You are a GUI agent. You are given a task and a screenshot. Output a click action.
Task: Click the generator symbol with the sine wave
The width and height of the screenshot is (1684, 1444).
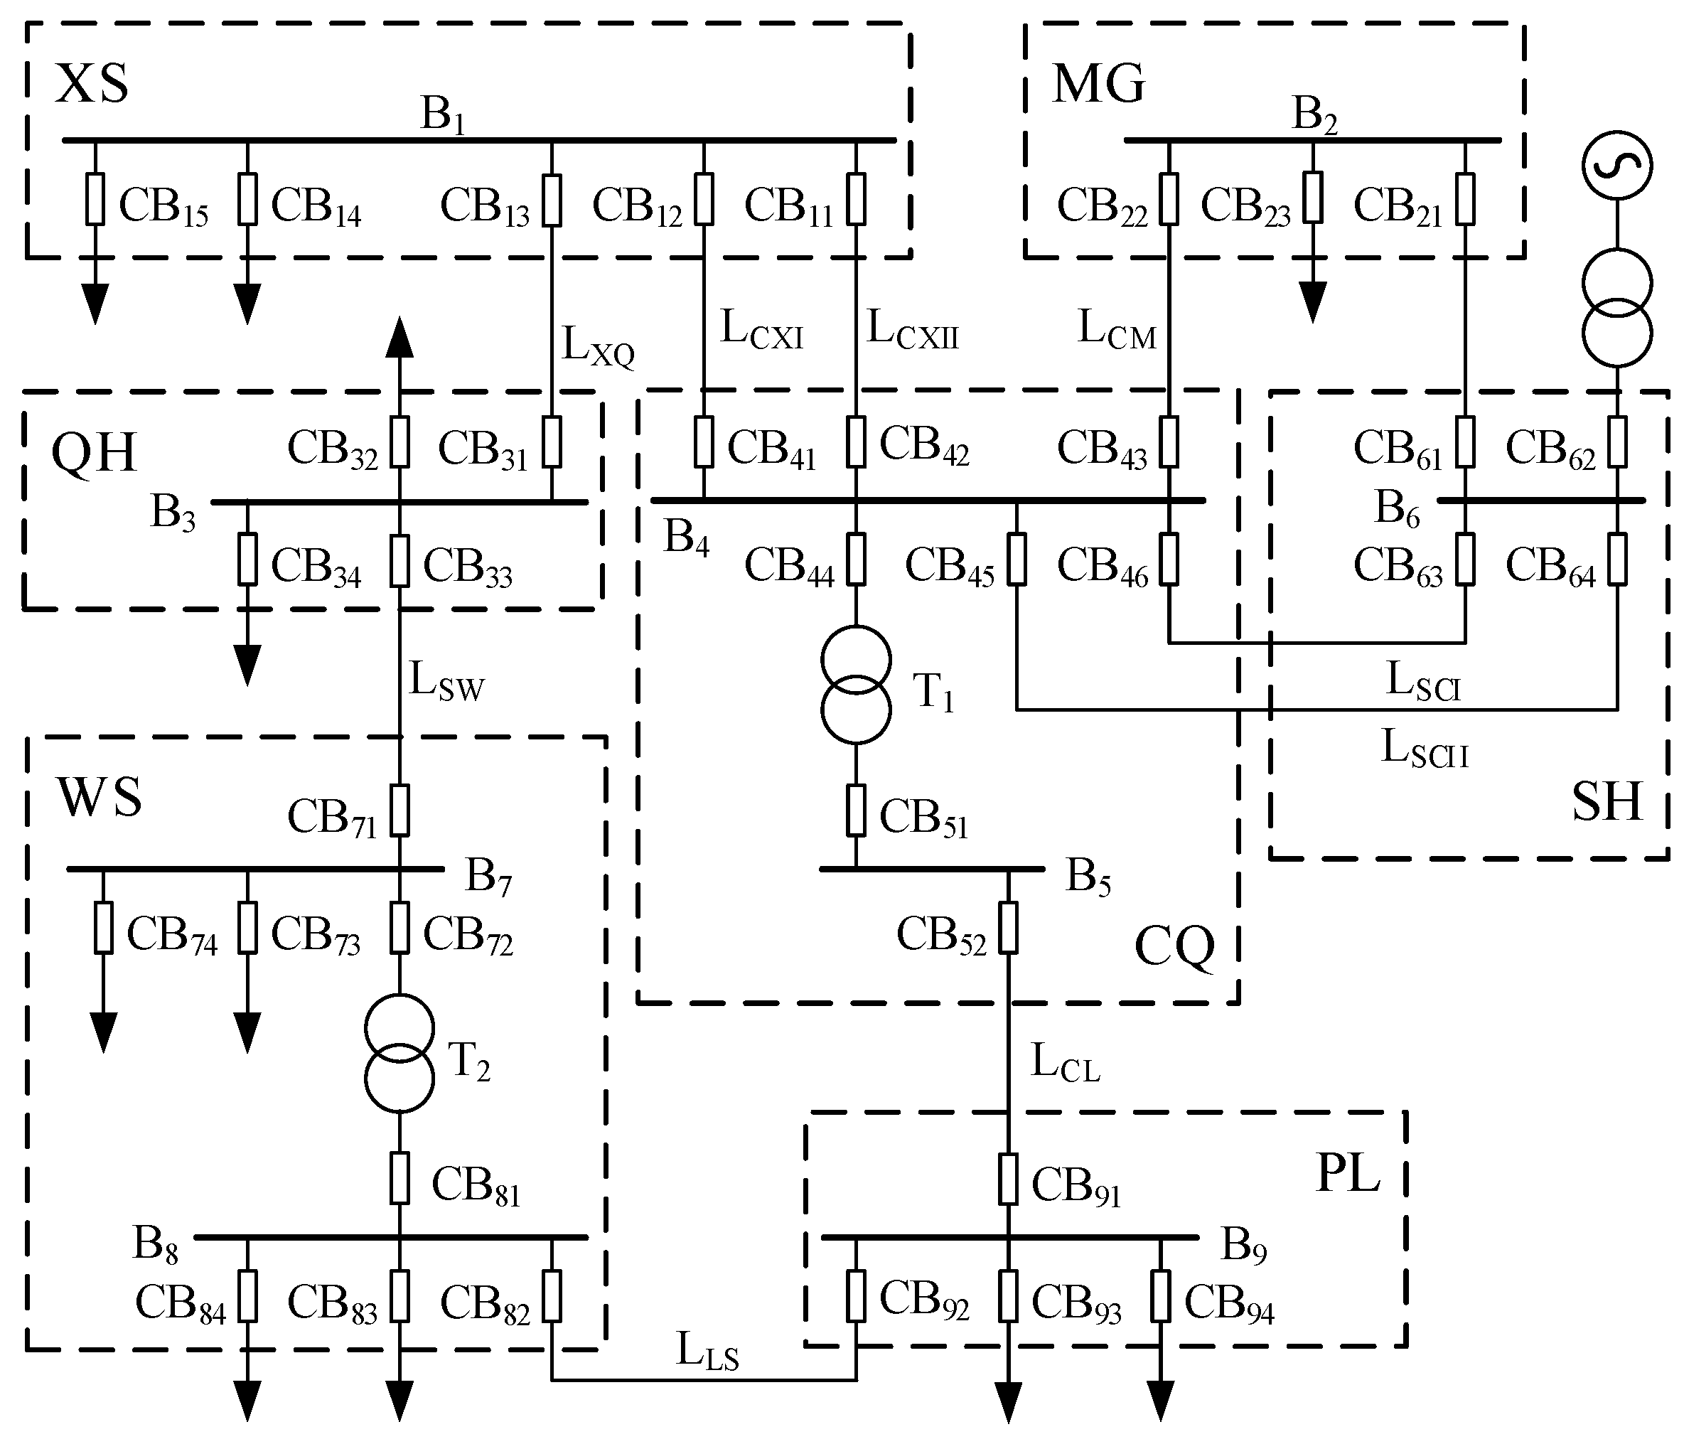(x=1616, y=165)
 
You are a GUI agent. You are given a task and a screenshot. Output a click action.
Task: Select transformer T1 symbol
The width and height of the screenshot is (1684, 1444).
(x=856, y=685)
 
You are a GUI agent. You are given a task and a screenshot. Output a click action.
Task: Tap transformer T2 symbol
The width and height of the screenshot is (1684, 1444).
(x=399, y=1052)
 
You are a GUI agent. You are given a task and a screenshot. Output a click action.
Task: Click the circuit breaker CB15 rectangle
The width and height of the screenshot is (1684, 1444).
(x=95, y=199)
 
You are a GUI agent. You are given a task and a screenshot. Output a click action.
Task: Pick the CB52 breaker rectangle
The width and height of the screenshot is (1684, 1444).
(x=1008, y=928)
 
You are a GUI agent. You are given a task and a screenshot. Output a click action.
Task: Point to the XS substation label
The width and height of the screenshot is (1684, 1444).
(x=92, y=84)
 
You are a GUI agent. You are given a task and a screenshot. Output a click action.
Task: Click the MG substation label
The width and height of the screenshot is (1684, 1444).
(x=1099, y=84)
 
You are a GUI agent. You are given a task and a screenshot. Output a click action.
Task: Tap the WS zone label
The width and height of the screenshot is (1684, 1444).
(x=99, y=798)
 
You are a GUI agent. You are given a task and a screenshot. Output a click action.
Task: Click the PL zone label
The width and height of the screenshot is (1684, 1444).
(x=1348, y=1173)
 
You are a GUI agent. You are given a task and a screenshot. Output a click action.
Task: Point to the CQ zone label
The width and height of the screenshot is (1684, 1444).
(x=1174, y=946)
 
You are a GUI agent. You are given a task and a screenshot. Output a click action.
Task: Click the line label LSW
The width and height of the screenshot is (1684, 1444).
(x=446, y=680)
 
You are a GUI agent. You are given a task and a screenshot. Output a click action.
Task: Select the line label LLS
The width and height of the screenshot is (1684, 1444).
(x=707, y=1352)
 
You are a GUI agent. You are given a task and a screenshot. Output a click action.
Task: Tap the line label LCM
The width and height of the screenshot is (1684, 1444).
(x=1117, y=330)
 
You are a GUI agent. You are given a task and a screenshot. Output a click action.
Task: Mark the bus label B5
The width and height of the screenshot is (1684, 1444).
(x=1088, y=877)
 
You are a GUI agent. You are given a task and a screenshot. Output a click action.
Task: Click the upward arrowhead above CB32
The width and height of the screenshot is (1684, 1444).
(x=399, y=338)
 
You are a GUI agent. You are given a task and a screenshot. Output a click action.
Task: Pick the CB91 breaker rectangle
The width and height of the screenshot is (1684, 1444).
(x=1008, y=1179)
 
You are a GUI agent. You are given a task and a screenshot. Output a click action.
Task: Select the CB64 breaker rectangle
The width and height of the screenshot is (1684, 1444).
(x=1617, y=560)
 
